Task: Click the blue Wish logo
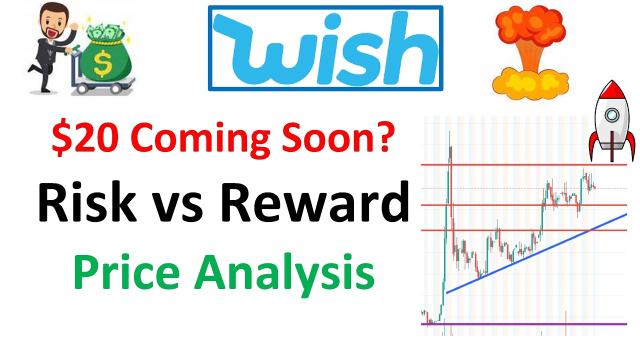(325, 48)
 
